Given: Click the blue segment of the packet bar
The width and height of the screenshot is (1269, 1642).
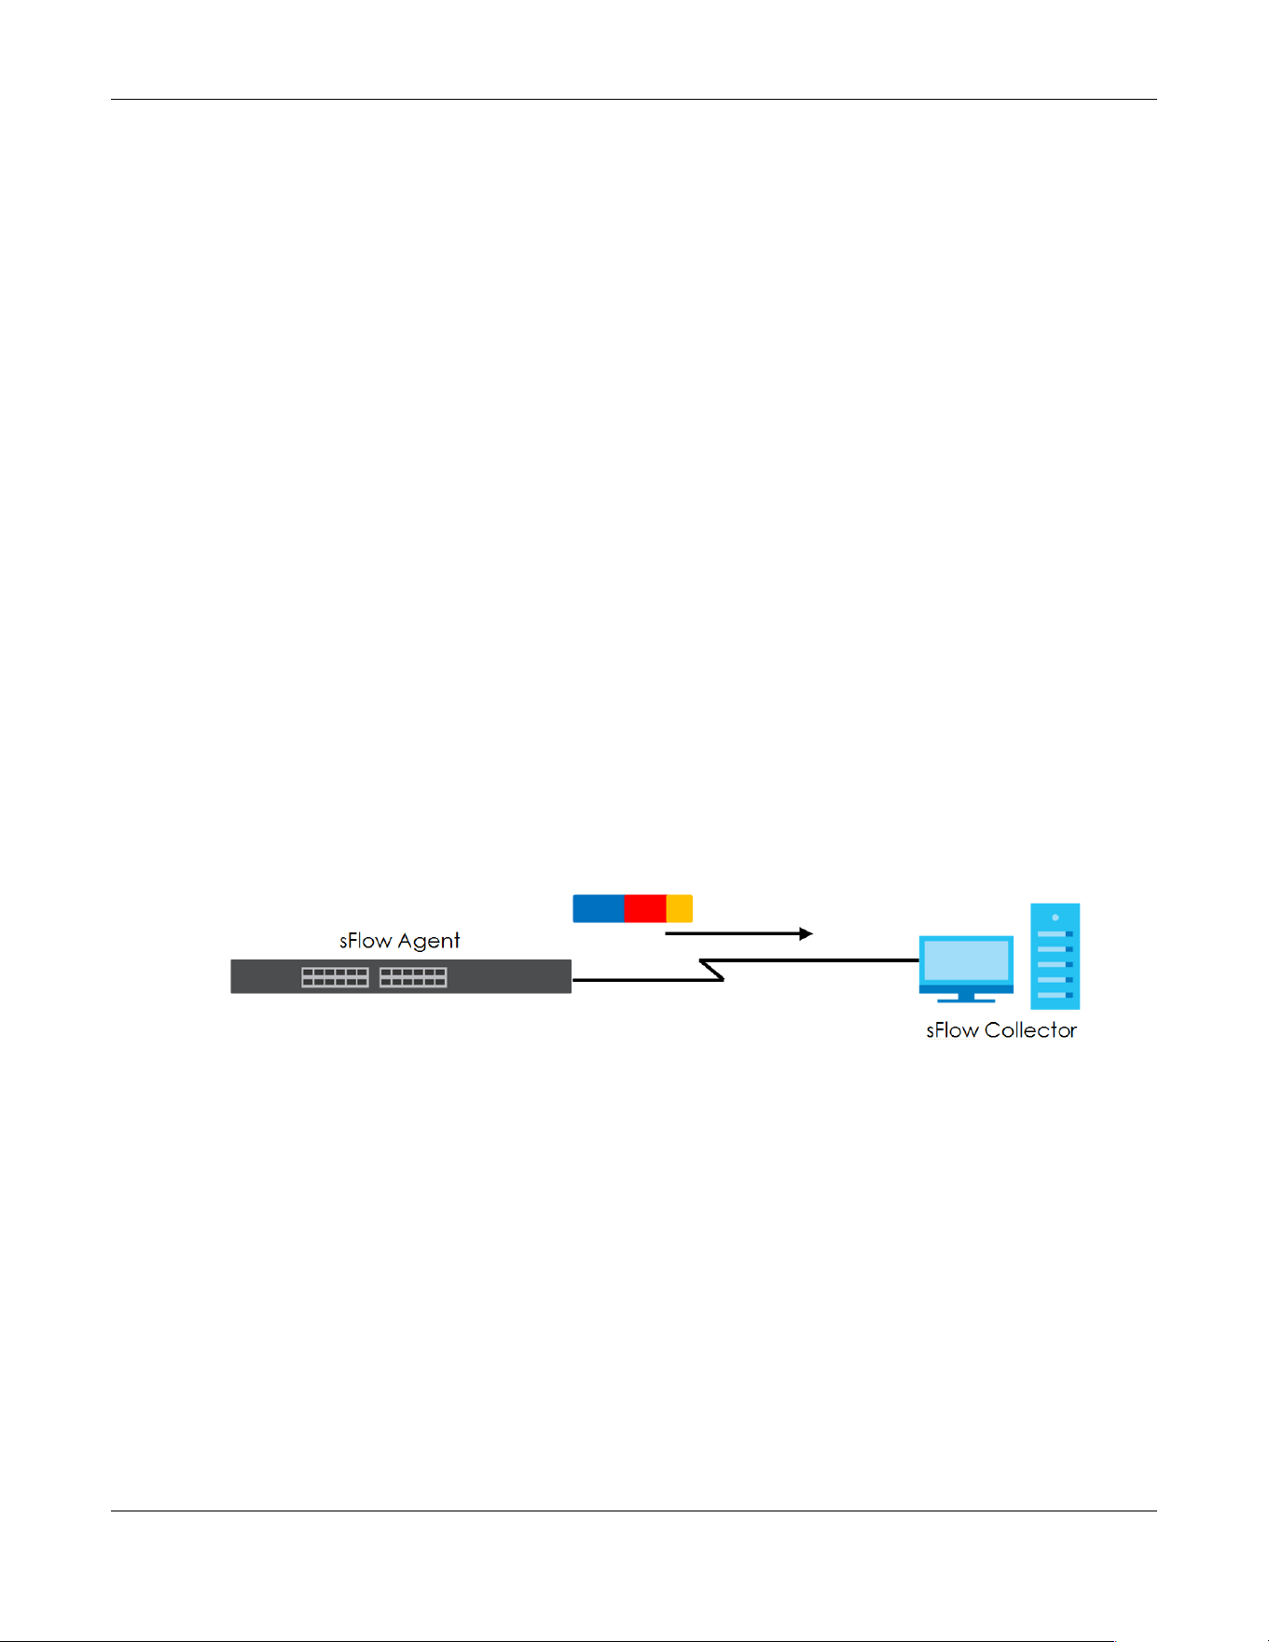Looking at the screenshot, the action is [x=598, y=908].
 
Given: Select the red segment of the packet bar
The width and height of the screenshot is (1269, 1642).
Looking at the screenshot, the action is [x=645, y=908].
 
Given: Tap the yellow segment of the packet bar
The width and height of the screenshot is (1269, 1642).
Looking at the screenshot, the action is [x=680, y=908].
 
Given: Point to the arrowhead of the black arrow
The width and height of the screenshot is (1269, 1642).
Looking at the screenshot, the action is [x=807, y=933].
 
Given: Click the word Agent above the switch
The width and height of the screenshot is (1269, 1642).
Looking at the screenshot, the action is [x=429, y=941].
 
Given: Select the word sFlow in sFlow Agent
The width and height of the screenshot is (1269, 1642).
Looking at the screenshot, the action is [x=366, y=941].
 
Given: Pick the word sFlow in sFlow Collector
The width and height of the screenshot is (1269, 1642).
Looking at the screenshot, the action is [x=952, y=1030].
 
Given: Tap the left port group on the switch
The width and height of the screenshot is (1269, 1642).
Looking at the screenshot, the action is [x=335, y=977].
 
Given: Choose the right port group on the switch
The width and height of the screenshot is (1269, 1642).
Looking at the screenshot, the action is [x=413, y=977].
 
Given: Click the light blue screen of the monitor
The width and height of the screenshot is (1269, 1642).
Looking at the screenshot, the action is [x=966, y=960].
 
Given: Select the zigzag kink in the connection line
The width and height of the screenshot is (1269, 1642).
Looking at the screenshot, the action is [x=712, y=970].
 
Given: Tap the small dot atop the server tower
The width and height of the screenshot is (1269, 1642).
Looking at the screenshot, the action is [x=1055, y=918].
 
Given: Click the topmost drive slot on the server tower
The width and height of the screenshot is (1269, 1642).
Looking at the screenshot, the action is [x=1055, y=933].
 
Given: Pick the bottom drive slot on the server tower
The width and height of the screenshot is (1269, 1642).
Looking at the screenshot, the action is [x=1055, y=995].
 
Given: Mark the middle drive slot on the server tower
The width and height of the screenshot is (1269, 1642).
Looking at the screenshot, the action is [x=1055, y=964].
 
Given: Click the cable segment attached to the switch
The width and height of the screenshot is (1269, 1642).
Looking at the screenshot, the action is [x=647, y=980].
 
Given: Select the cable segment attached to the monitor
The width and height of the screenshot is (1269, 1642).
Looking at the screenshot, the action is [x=809, y=960].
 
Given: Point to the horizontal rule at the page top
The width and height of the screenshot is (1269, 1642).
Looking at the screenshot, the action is [x=634, y=99].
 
